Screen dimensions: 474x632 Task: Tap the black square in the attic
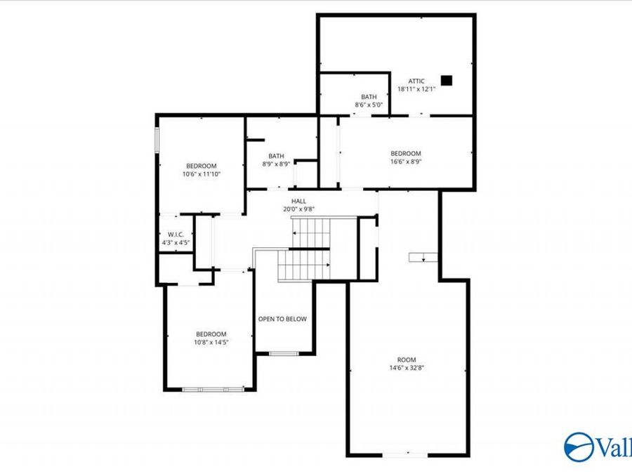pyautogui.click(x=447, y=80)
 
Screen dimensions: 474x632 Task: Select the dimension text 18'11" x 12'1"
pyautogui.click(x=417, y=89)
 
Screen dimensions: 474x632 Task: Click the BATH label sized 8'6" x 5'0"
pyautogui.click(x=369, y=97)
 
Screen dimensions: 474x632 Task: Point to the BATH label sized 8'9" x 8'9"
pyautogui.click(x=276, y=156)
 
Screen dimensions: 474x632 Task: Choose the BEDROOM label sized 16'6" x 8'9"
pyautogui.click(x=405, y=153)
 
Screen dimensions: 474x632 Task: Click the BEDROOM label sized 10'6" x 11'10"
pyautogui.click(x=201, y=165)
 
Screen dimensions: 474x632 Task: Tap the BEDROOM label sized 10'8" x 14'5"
pyautogui.click(x=211, y=334)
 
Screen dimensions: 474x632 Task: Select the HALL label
pyautogui.click(x=298, y=202)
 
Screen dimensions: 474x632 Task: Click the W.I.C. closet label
pyautogui.click(x=175, y=235)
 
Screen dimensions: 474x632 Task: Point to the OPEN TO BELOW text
pyautogui.click(x=282, y=319)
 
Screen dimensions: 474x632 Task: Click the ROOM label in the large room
pyautogui.click(x=407, y=360)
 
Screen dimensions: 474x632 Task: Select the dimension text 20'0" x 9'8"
pyautogui.click(x=298, y=209)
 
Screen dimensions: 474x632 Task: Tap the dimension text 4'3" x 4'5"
pyautogui.click(x=175, y=243)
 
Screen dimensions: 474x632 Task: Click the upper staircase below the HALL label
pyautogui.click(x=311, y=228)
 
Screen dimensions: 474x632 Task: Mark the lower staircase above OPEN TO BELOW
pyautogui.click(x=303, y=265)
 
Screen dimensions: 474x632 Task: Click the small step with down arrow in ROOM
pyautogui.click(x=423, y=257)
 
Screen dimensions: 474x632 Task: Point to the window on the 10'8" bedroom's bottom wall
pyautogui.click(x=213, y=388)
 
